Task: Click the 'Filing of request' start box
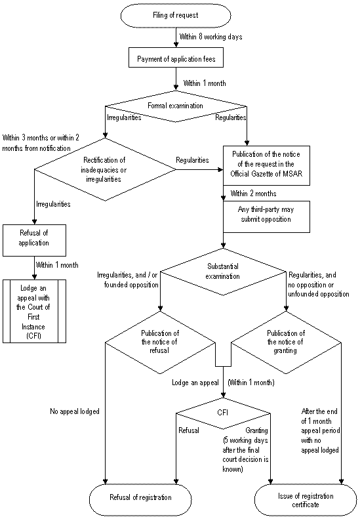pos(175,15)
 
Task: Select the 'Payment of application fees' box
pos(176,59)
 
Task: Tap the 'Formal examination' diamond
pos(175,106)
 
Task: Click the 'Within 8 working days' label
pos(210,37)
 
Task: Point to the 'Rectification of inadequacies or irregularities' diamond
pos(105,169)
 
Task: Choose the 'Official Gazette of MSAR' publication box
pos(266,165)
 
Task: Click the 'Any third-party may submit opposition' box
pos(266,217)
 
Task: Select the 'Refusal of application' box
pos(34,240)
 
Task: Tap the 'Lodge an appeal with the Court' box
pos(34,312)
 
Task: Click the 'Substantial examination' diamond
pos(223,272)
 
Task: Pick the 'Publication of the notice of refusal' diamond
pos(160,343)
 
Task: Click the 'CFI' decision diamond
pos(223,413)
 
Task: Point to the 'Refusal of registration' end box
pos(140,497)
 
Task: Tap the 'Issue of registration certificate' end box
pos(306,500)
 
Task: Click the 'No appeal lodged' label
pos(75,411)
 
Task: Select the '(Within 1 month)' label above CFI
pos(251,383)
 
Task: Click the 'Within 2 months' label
pos(254,194)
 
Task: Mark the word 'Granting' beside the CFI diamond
pos(257,430)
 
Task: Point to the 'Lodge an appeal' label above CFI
pos(195,383)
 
